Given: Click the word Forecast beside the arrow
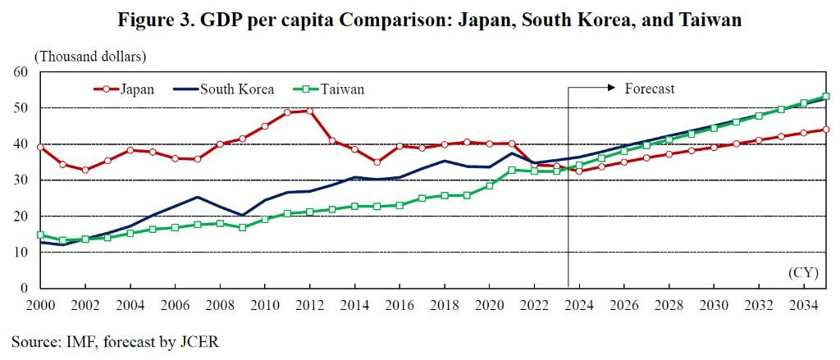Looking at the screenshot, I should [649, 89].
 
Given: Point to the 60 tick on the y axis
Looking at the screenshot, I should [21, 72].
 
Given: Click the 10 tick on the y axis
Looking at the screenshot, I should [21, 253].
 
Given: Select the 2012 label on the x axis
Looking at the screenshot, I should [309, 305].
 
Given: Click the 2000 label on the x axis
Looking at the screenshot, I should [40, 305].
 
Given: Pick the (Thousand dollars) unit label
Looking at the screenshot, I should [89, 57].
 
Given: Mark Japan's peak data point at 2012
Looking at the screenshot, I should [309, 111].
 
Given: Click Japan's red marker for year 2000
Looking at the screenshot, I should [40, 147].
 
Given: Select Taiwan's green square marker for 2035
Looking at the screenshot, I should [826, 97].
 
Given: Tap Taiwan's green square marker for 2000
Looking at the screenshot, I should [40, 235].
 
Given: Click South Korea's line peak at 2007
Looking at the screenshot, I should [197, 197].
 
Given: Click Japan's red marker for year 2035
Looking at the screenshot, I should [826, 130].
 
